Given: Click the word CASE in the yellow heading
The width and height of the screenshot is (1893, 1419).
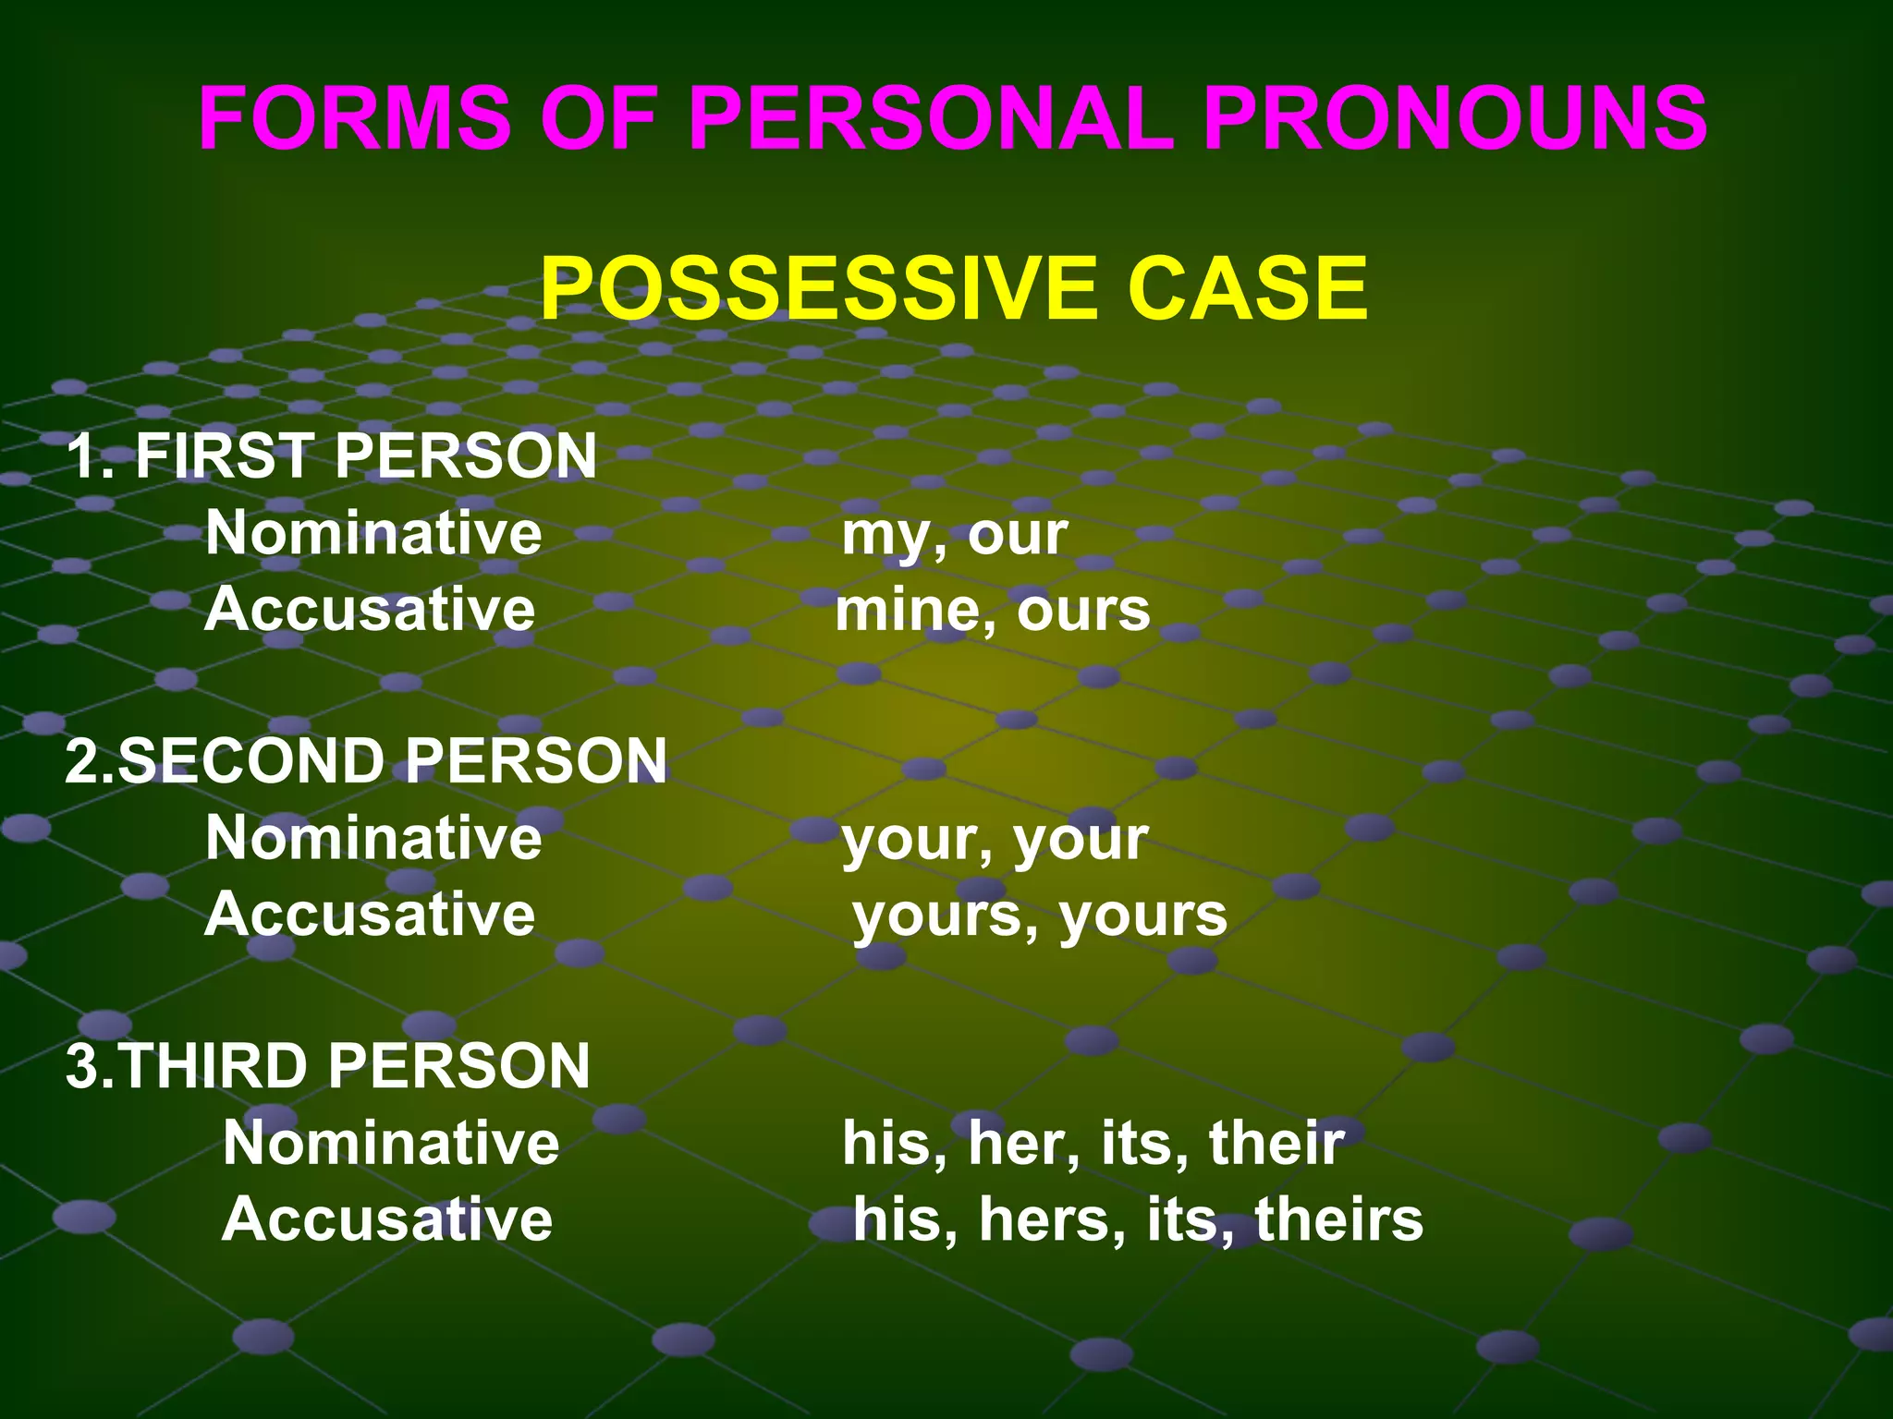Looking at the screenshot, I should tap(1247, 288).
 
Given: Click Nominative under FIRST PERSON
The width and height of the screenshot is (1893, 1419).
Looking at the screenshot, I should tap(373, 533).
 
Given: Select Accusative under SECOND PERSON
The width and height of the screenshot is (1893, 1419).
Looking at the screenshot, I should tap(370, 915).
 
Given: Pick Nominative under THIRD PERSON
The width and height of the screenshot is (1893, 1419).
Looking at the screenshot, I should tap(391, 1143).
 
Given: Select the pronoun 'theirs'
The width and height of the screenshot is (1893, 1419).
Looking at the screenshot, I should tap(1338, 1219).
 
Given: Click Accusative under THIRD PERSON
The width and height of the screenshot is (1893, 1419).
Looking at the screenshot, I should tap(387, 1219).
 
